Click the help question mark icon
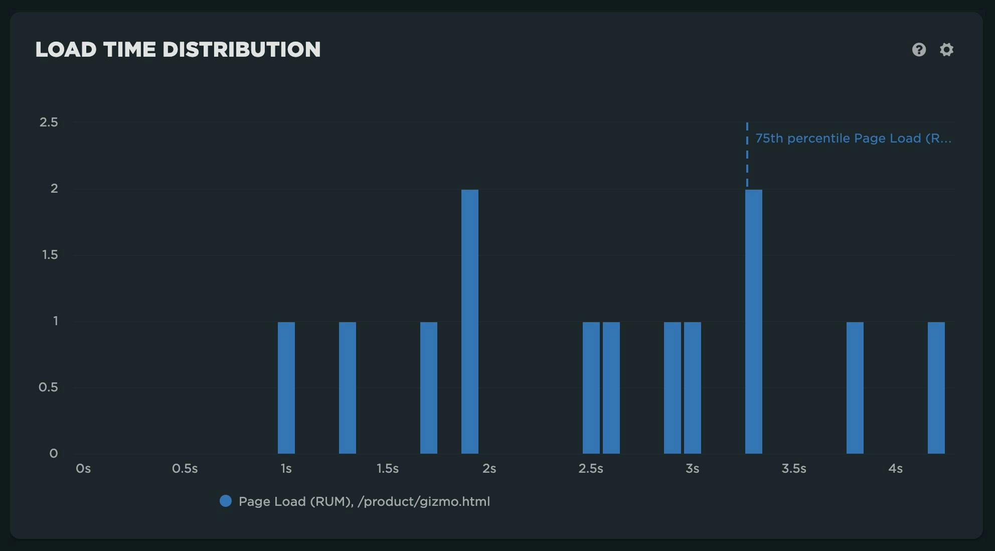pyautogui.click(x=919, y=50)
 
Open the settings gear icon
pyautogui.click(x=946, y=50)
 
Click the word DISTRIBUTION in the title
pyautogui.click(x=241, y=50)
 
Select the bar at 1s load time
pyautogui.click(x=286, y=387)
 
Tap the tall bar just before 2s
pyautogui.click(x=470, y=321)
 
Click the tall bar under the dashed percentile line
pyautogui.click(x=753, y=321)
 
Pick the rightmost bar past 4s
pyautogui.click(x=936, y=387)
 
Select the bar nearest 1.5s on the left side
pyautogui.click(x=348, y=387)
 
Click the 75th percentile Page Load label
pyautogui.click(x=853, y=139)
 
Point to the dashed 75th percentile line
pyautogui.click(x=747, y=156)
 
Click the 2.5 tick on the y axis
pyautogui.click(x=49, y=122)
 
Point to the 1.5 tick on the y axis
pyautogui.click(x=50, y=255)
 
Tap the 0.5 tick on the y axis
pyautogui.click(x=48, y=387)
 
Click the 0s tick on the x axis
pyautogui.click(x=83, y=469)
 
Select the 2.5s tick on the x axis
pyautogui.click(x=590, y=469)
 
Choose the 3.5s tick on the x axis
pyautogui.click(x=793, y=469)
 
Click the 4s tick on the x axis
pyautogui.click(x=895, y=469)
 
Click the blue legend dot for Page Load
pyautogui.click(x=226, y=501)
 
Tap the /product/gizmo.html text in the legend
pyautogui.click(x=424, y=501)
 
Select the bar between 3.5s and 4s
pyautogui.click(x=855, y=387)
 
